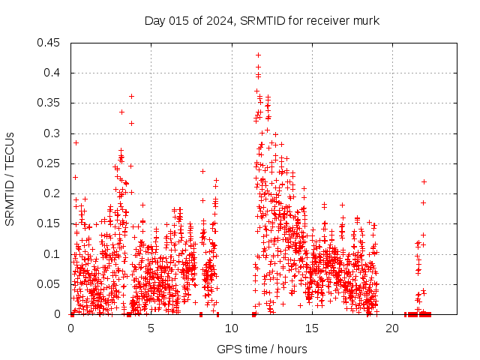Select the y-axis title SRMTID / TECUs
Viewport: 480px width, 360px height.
(x=10, y=178)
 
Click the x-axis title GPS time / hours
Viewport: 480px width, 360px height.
(x=262, y=349)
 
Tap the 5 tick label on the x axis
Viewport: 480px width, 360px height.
(x=151, y=328)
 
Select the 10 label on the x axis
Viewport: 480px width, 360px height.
(x=232, y=328)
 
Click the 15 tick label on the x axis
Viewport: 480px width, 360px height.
(x=312, y=328)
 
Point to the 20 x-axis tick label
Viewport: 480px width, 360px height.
(x=392, y=328)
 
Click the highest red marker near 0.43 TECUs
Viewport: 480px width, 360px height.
(x=258, y=55)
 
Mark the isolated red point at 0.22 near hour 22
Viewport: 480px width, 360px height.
(x=424, y=181)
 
